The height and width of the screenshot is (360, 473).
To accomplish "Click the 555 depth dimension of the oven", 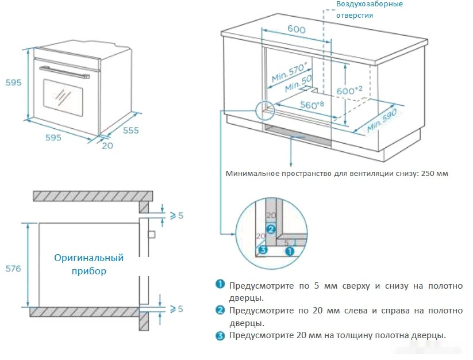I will point(130,131).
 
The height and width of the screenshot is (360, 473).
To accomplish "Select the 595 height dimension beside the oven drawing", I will point(13,82).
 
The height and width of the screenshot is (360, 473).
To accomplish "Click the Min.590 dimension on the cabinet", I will point(382,118).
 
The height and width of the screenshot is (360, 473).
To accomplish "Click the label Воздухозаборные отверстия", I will point(370,10).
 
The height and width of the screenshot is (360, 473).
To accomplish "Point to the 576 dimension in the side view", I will point(13,269).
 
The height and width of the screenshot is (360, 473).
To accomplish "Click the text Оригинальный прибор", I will point(89,264).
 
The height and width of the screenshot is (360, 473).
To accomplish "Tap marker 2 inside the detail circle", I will point(272,229).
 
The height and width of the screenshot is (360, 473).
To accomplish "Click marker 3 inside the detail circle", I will point(263,250).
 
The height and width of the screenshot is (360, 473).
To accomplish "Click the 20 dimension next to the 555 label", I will point(107,145).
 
